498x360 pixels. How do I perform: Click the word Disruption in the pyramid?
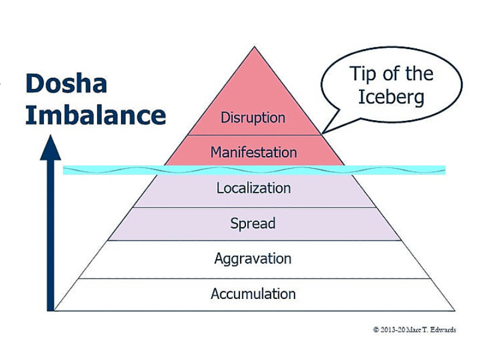253,117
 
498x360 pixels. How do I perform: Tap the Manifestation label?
253,152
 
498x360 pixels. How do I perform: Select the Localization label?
253,188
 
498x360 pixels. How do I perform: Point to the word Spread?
253,224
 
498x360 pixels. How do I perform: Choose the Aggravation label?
253,259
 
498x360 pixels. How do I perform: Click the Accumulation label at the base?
253,294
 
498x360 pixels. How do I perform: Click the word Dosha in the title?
66,84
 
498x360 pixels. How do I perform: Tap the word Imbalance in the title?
95,115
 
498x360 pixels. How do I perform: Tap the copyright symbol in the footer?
375,330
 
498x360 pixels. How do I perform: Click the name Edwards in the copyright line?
442,330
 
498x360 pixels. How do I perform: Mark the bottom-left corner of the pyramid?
56,310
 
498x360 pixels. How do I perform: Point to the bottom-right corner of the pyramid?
454,310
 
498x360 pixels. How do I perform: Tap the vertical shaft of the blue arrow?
51,239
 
